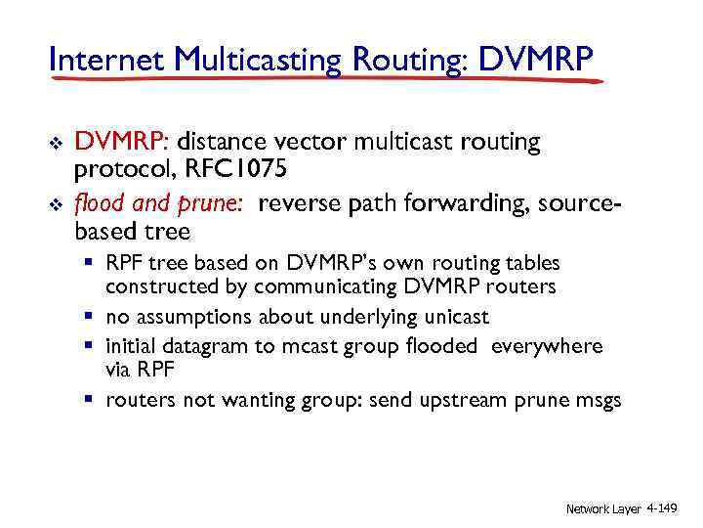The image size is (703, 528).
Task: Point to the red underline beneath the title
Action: [322, 80]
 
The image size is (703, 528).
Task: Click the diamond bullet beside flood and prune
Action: [55, 205]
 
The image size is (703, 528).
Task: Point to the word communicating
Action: [337, 286]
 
